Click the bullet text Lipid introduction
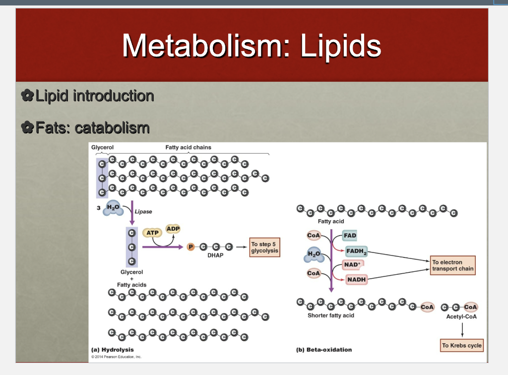[x=94, y=95]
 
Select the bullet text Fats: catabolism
[x=92, y=128]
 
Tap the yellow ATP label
[x=152, y=232]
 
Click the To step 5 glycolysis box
[x=264, y=248]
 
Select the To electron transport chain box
[x=452, y=265]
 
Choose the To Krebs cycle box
[x=462, y=345]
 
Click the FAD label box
[x=350, y=236]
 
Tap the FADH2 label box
[x=356, y=251]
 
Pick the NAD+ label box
[x=351, y=264]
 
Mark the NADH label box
[x=356, y=280]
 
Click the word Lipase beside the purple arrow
[x=143, y=211]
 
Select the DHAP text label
[x=215, y=255]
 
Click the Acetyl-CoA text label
[x=461, y=316]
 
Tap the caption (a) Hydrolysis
[x=113, y=350]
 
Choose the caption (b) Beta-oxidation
[x=324, y=350]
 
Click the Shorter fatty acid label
[x=331, y=315]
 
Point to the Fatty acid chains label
[x=189, y=147]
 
